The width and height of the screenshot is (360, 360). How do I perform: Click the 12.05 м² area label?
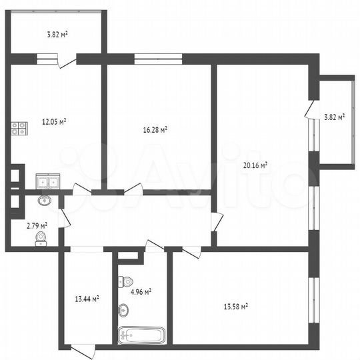coord(53,121)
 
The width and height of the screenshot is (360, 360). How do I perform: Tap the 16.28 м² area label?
coord(155,130)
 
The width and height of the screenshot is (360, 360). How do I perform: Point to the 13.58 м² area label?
coord(235,306)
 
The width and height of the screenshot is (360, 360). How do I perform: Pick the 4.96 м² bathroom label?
coord(140,291)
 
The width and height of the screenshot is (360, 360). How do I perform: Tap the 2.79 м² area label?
coord(37,226)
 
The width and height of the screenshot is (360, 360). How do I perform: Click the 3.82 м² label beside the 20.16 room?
coord(334,117)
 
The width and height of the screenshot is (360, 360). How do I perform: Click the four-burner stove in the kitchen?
coord(19,128)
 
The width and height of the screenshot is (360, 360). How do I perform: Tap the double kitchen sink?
coord(48,181)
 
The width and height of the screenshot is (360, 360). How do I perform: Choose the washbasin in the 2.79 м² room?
coord(45,201)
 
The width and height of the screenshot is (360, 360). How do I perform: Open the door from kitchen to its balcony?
coord(67,61)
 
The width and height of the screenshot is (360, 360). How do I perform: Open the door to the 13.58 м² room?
coord(192,253)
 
